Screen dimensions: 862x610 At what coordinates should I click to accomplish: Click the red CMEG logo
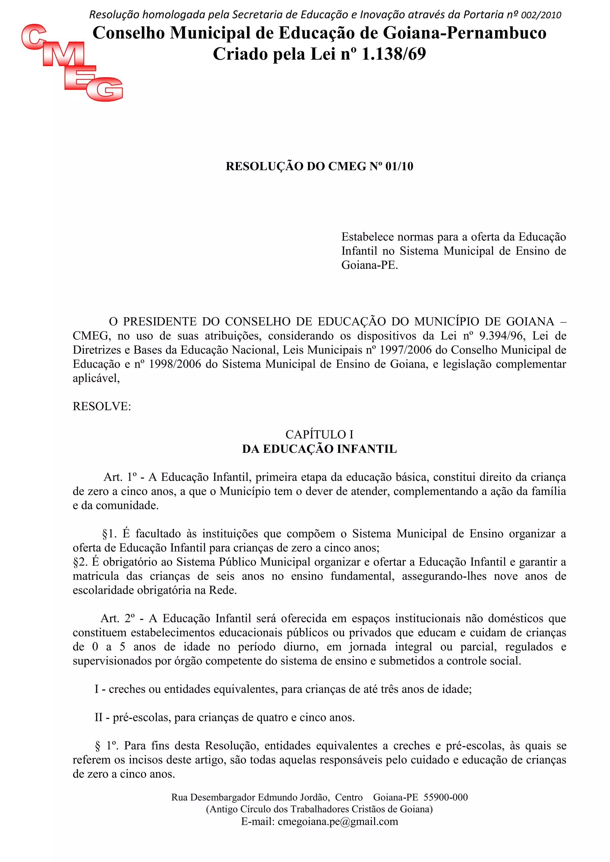[x=72, y=62]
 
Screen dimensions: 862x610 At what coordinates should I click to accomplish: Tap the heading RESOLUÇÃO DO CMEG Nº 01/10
[x=319, y=166]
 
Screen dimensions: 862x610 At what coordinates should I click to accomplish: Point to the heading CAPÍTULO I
[x=319, y=434]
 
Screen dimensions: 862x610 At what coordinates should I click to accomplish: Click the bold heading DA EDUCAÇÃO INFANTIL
[x=319, y=449]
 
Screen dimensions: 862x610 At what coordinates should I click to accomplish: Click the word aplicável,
[x=96, y=378]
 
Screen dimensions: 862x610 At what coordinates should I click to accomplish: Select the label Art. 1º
[x=120, y=477]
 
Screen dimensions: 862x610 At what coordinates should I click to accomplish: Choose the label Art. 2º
[x=118, y=618]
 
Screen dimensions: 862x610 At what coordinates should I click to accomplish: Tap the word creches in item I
[x=127, y=689]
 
